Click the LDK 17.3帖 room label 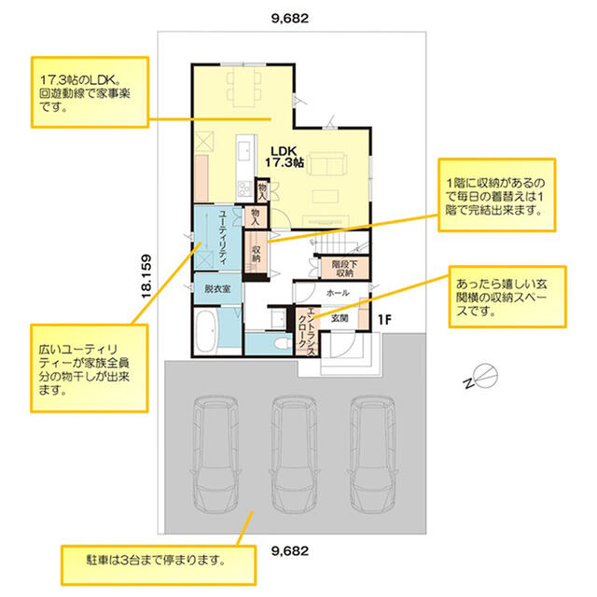[285, 157]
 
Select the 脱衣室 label [217, 288]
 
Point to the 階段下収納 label [344, 269]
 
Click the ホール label [338, 293]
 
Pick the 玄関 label [340, 318]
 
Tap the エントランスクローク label [307, 331]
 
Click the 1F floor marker [384, 320]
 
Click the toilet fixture [282, 344]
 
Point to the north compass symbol [481, 376]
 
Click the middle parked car [294, 454]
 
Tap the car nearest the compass [372, 454]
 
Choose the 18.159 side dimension [146, 276]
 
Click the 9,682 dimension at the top [290, 19]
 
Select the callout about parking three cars [159, 565]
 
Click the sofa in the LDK [326, 164]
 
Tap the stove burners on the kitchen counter [243, 188]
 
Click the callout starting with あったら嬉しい [507, 297]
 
